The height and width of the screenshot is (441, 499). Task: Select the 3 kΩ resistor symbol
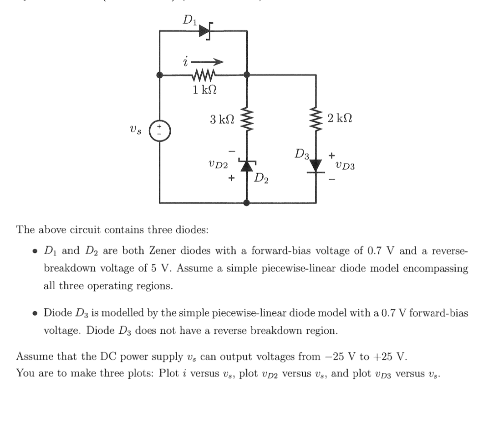coord(247,120)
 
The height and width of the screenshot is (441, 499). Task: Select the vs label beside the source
coord(137,130)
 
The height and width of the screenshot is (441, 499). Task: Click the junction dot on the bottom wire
coord(247,203)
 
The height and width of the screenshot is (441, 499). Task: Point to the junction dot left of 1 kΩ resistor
coord(160,75)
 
